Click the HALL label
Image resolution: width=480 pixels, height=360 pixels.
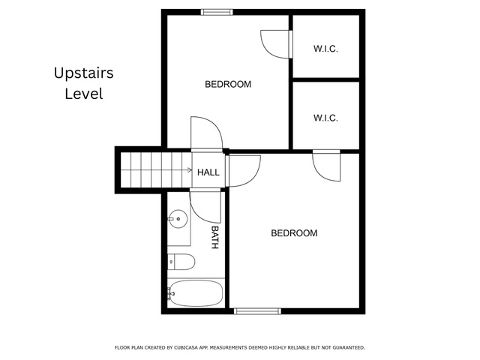208,172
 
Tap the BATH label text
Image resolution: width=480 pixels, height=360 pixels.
215,237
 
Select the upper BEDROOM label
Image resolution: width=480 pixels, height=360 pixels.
228,84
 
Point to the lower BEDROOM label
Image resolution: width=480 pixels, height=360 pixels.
294,233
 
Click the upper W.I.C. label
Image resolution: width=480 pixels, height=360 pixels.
325,49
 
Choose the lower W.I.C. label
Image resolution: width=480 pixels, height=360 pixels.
325,118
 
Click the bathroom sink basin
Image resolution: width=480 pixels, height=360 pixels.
178,219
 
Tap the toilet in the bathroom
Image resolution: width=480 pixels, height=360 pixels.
181,262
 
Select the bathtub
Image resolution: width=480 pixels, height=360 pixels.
196,293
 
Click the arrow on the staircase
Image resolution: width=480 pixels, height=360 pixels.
190,170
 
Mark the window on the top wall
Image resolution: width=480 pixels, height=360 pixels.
217,12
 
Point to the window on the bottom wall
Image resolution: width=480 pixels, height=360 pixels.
257,311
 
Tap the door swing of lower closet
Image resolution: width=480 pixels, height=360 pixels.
326,166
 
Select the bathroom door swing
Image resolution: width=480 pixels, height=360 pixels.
205,206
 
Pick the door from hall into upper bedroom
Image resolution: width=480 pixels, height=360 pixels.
207,133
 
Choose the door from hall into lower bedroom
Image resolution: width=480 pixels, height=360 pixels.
243,171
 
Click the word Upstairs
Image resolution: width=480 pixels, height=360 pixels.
84,73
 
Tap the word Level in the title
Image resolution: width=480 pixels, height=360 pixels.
84,94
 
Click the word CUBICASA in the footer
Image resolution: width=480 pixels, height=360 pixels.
185,348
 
